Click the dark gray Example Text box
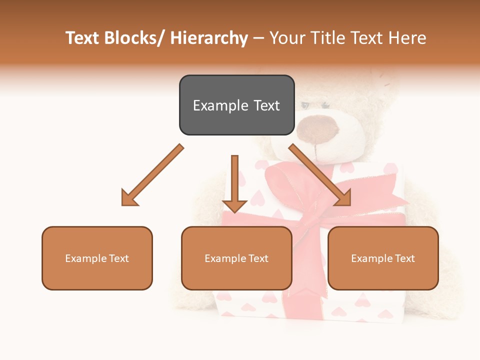coord(236,105)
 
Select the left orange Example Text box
coord(97,258)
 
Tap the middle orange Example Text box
coord(236,258)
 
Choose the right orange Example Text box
coord(383,258)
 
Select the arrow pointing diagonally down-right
coord(320,175)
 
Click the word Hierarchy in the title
coord(209,38)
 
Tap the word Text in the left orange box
coord(119,258)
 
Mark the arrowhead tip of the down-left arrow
coord(123,204)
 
